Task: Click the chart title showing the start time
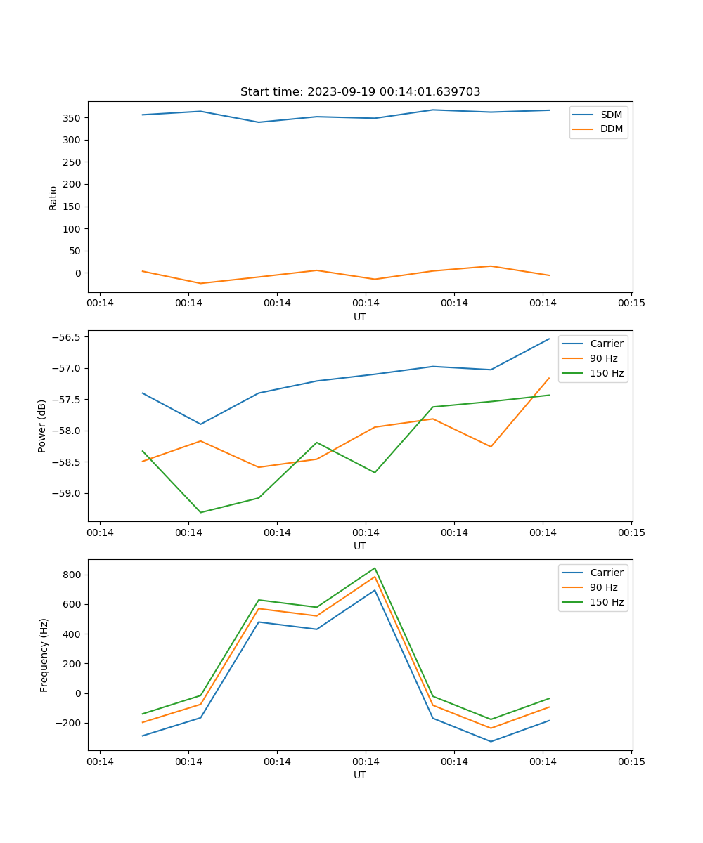click(360, 92)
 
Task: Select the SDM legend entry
click(611, 115)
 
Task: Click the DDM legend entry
click(611, 129)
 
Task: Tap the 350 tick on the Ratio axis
click(74, 117)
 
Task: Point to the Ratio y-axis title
click(53, 197)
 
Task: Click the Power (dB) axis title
click(42, 426)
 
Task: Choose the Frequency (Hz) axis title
click(44, 655)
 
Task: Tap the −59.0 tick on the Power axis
click(67, 493)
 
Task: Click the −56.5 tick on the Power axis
click(67, 337)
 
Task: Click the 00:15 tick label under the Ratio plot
click(631, 303)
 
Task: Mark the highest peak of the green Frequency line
click(375, 568)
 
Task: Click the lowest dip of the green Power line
click(200, 512)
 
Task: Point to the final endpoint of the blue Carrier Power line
click(549, 339)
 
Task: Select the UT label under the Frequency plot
click(360, 775)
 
